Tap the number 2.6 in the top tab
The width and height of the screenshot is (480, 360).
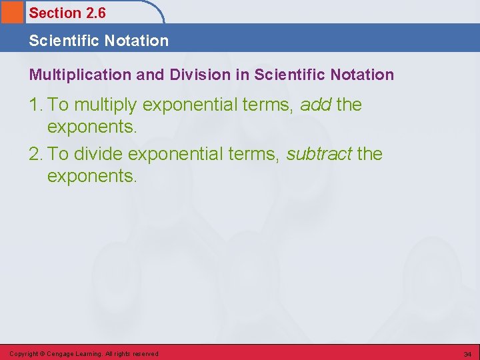pyautogui.click(x=96, y=13)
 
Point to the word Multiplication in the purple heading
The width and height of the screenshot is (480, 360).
pyautogui.click(x=80, y=75)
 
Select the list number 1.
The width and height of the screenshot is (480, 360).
pyautogui.click(x=35, y=105)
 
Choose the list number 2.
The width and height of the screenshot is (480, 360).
pyautogui.click(x=35, y=154)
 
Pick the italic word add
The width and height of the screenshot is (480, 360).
pyautogui.click(x=316, y=105)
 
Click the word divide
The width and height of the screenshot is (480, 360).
pyautogui.click(x=98, y=154)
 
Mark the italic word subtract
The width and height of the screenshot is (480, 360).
pyautogui.click(x=319, y=154)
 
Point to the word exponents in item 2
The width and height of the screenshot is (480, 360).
pyautogui.click(x=92, y=177)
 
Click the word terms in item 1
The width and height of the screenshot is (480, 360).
pyautogui.click(x=269, y=105)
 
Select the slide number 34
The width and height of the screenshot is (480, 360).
pyautogui.click(x=467, y=353)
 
